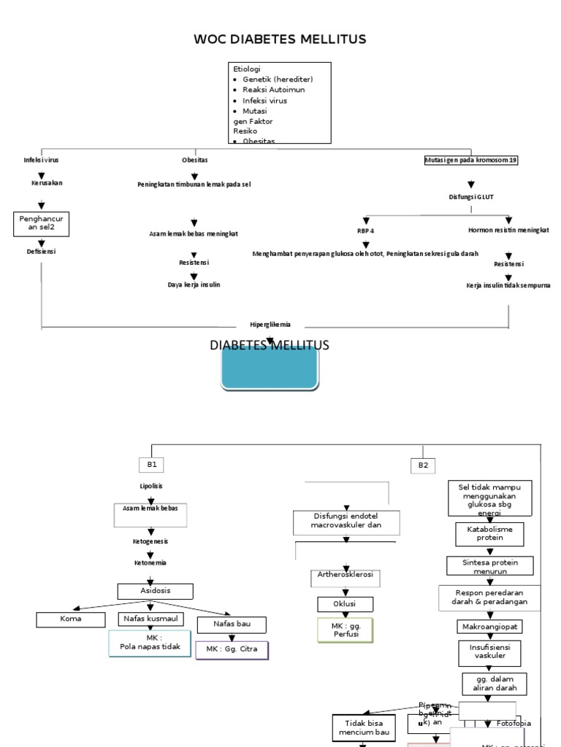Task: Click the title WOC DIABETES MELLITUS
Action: tap(280, 39)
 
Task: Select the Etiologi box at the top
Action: tap(280, 102)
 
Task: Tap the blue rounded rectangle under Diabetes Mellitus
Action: tap(270, 368)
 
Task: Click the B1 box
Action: tap(152, 465)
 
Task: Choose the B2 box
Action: tap(424, 465)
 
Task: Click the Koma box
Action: tap(71, 619)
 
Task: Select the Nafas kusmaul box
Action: tap(150, 619)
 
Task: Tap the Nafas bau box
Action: tap(230, 624)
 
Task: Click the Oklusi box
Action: tap(345, 604)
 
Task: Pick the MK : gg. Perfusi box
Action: tap(345, 630)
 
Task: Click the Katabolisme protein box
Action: tap(490, 533)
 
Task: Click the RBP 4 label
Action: tap(365, 231)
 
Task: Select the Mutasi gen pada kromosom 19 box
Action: tap(472, 160)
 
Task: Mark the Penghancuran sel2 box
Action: tap(42, 222)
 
